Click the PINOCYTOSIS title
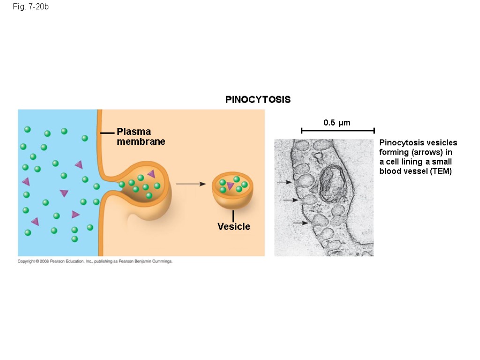pos(258,99)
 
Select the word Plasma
pos(134,132)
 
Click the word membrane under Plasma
pos(141,142)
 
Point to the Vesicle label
pos(233,227)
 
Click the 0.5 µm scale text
pos(337,123)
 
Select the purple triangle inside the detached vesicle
pos(230,186)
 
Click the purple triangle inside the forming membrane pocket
pos(151,173)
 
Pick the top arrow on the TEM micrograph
pos(285,182)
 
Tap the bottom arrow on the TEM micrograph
pos(300,223)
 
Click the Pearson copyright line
pos(95,262)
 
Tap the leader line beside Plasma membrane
pos(107,133)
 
